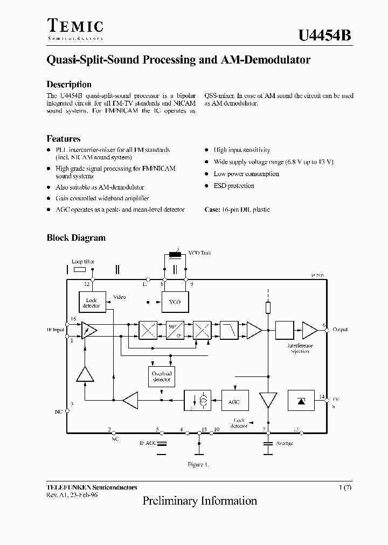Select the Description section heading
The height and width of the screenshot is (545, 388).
pos(69,85)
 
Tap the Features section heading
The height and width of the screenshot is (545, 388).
pos(64,138)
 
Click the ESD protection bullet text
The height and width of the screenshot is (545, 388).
pos(234,186)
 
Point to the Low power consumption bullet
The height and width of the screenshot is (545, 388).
pos(246,174)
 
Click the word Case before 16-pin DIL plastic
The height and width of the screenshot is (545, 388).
pos(212,209)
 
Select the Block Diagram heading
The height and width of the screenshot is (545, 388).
pos(76,237)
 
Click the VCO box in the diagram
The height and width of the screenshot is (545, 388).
pos(175,302)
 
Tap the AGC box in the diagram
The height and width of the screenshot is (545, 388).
pos(234,401)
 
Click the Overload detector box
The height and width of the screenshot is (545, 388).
pos(161,376)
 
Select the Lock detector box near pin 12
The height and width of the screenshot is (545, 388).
pos(92,303)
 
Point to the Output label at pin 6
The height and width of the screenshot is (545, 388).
pos(340,329)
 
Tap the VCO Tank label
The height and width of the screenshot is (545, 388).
pos(200,253)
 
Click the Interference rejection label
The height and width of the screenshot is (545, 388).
pos(300,348)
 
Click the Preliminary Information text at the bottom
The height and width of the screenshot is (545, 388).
pos(199,501)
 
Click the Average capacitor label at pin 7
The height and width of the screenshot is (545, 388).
pos(285,443)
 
